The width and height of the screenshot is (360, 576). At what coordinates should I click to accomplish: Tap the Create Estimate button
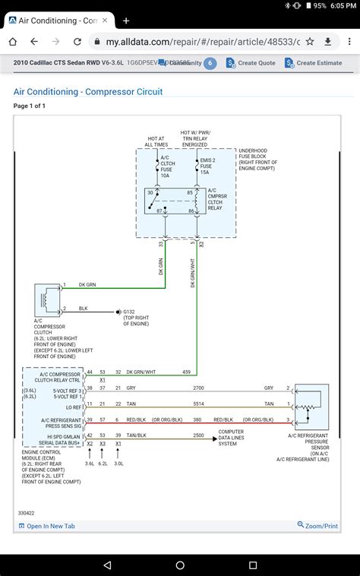tap(314, 63)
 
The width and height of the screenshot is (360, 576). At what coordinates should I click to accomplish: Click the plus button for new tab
tap(126, 21)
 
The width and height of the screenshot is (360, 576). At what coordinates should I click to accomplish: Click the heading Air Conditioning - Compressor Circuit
tap(88, 92)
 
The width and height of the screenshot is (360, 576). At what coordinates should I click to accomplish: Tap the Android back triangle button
tap(109, 565)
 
